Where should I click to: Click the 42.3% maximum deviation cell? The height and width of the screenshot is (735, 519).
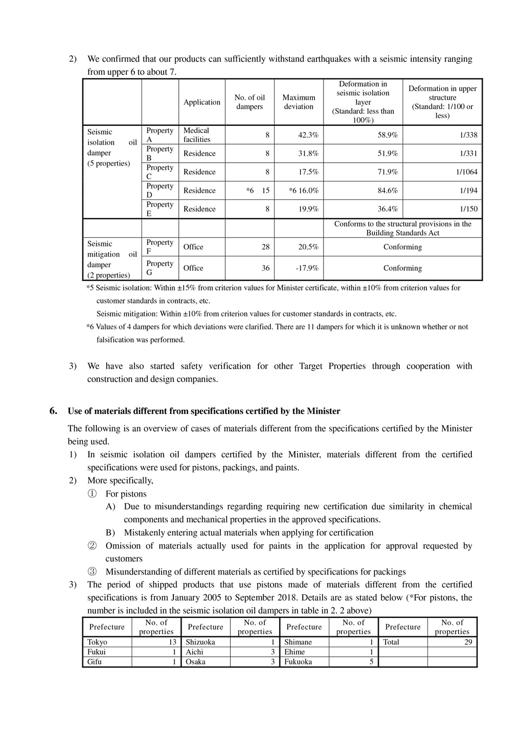(x=308, y=135)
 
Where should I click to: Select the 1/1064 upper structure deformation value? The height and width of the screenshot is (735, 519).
(x=466, y=172)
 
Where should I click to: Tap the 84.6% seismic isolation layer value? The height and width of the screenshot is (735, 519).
(x=387, y=190)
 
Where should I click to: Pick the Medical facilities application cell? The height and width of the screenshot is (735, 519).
(x=197, y=135)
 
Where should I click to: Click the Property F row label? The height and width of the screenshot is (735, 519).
(x=160, y=247)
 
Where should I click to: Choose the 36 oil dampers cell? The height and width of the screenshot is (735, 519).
(x=265, y=268)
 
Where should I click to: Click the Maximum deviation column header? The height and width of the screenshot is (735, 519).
(x=299, y=102)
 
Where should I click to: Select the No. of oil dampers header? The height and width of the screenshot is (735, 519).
(x=249, y=102)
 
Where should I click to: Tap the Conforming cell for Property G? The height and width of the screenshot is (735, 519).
(x=403, y=268)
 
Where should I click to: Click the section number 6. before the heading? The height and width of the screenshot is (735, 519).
(x=53, y=410)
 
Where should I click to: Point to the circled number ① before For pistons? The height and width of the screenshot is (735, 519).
(x=92, y=494)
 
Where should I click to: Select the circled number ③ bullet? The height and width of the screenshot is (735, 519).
(x=92, y=572)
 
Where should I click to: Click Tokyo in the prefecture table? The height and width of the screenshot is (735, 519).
(x=97, y=642)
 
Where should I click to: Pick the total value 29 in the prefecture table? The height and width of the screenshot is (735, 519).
(x=468, y=642)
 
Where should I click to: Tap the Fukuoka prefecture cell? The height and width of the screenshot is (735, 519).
(x=298, y=661)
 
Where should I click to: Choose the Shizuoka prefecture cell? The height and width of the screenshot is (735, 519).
(x=200, y=642)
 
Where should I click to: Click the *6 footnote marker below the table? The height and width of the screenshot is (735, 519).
(x=90, y=327)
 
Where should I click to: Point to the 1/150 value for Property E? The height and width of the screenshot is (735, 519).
(x=469, y=209)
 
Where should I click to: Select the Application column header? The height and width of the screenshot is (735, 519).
(x=202, y=102)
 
